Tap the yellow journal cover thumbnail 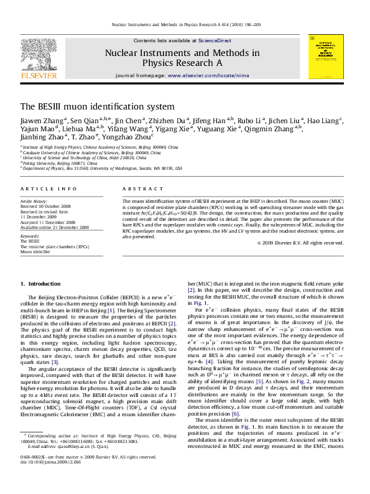tap(326, 57)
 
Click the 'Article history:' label tap(34, 202)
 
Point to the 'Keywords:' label tap(30, 236)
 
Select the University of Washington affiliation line tap(102, 168)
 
